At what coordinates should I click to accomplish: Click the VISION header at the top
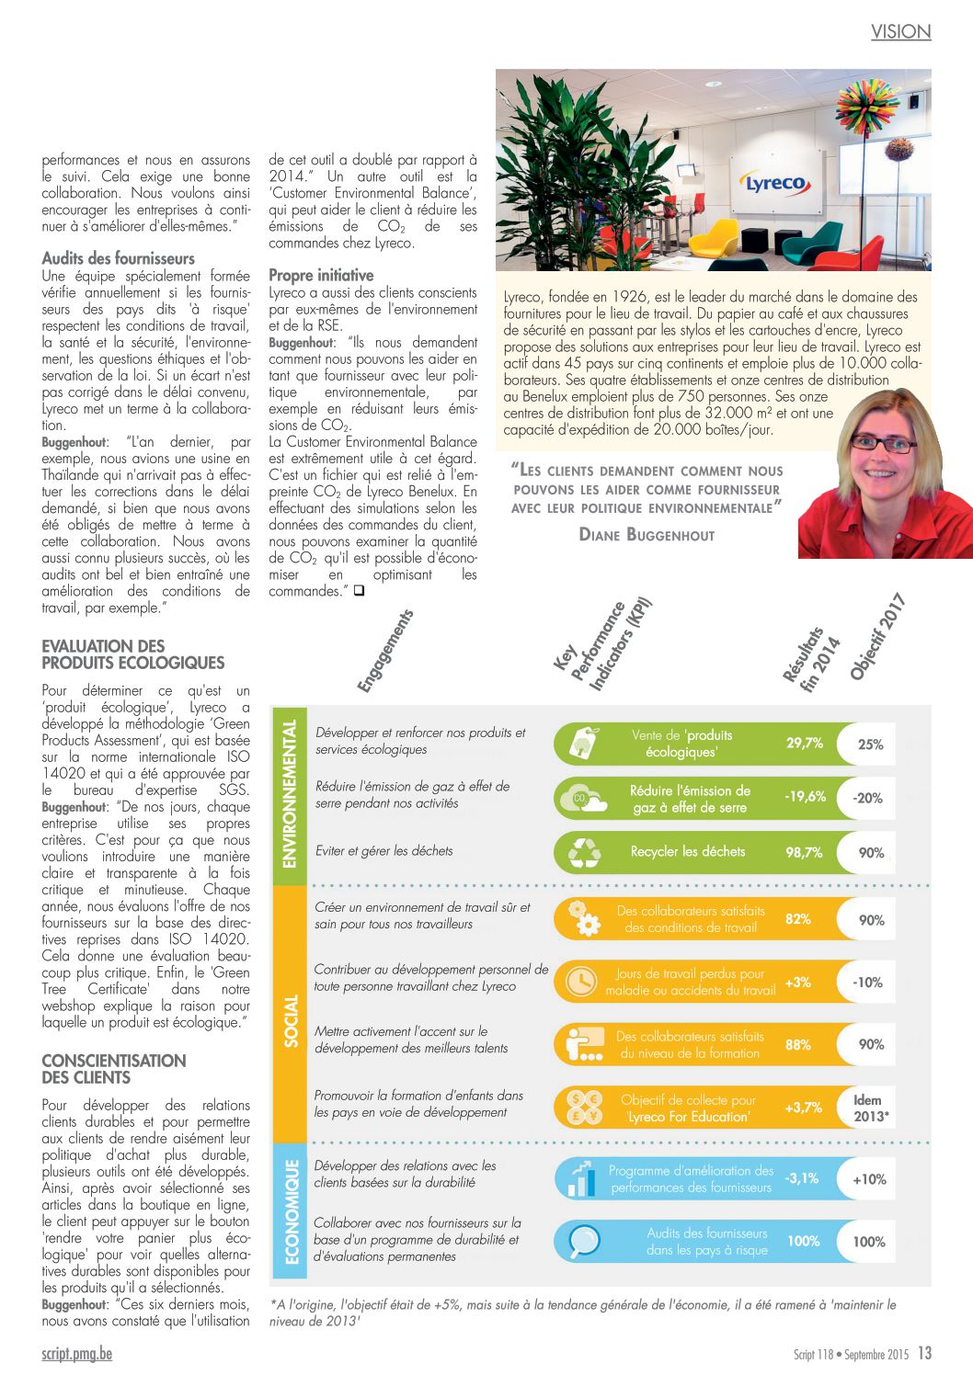point(900,32)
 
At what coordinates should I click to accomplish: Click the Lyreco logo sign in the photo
point(775,184)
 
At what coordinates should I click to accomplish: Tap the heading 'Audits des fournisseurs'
point(119,258)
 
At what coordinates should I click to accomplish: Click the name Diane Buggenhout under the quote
point(647,534)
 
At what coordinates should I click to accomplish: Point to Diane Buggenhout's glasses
point(883,443)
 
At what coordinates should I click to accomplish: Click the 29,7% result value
point(804,743)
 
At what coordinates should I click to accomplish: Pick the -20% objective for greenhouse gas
point(867,798)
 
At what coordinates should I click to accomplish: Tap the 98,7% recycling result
point(804,852)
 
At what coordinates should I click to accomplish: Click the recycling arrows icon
point(584,852)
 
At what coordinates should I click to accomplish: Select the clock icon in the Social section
point(581,982)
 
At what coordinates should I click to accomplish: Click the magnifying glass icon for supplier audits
point(582,1241)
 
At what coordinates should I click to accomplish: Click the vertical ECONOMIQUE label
point(292,1211)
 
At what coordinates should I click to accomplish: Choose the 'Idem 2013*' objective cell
point(869,1108)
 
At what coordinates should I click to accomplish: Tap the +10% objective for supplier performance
point(869,1179)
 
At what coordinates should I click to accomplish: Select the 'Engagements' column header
point(385,651)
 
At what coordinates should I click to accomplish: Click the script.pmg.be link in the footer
point(77,1354)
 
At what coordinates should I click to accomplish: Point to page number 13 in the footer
point(924,1353)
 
